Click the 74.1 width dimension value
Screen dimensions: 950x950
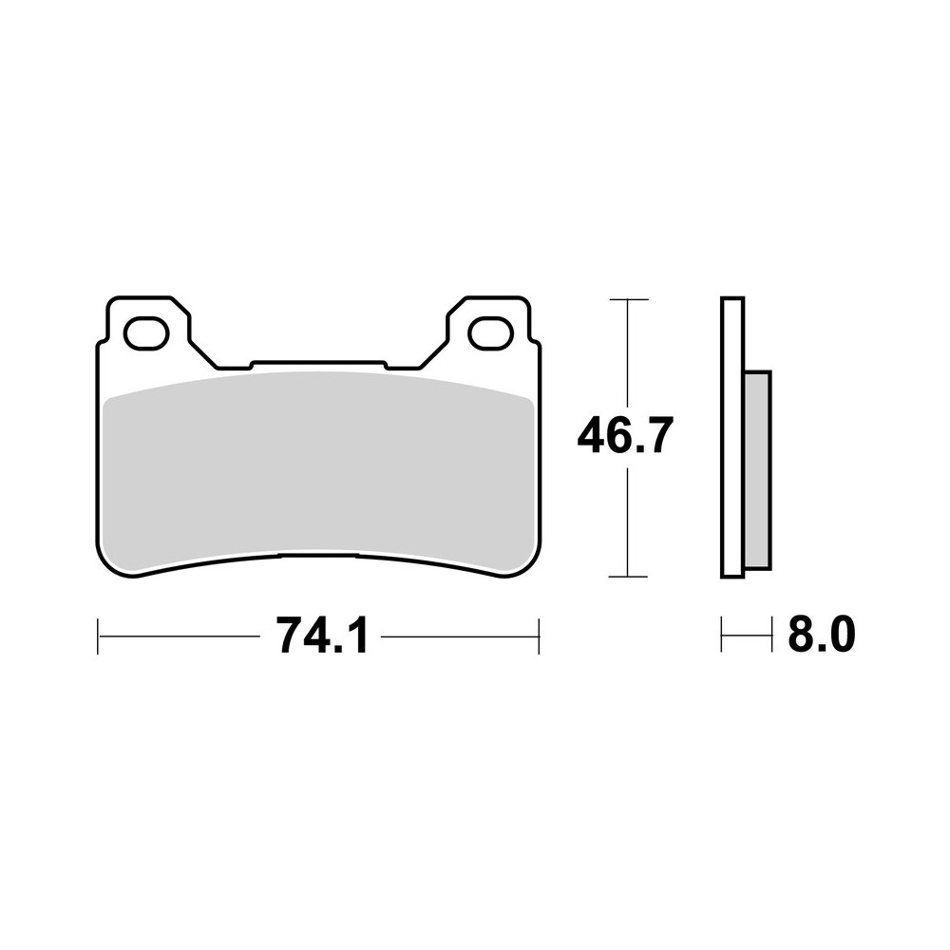321,636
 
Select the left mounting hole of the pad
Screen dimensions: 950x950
146,332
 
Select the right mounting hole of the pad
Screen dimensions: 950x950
490,332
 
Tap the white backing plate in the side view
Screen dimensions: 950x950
732,437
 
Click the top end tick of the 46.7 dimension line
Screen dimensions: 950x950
626,300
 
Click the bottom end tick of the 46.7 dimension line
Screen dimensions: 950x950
626,577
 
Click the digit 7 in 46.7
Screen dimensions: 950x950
658,438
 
